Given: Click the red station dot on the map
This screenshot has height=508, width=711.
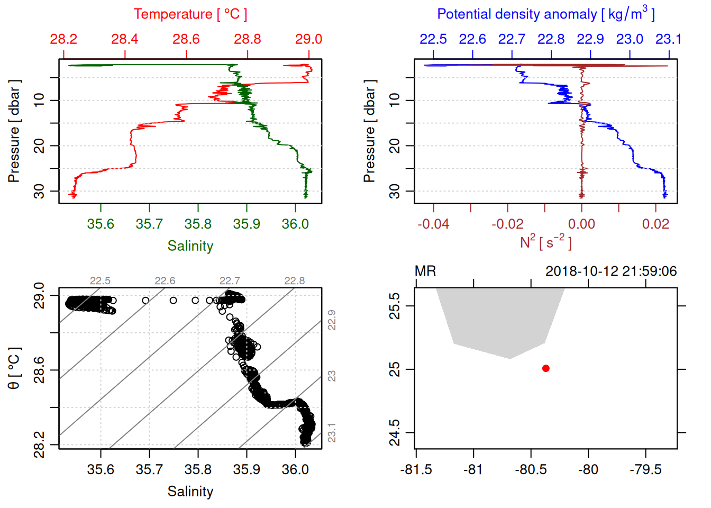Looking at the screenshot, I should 545,368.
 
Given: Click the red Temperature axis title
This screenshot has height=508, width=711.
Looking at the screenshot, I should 190,14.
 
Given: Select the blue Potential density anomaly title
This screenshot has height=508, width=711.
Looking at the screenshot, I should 545,14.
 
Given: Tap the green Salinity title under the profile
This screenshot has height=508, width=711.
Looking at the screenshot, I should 190,246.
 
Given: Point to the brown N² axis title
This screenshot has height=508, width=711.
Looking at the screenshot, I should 545,242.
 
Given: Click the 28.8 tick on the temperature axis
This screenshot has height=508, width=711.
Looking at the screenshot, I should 248,39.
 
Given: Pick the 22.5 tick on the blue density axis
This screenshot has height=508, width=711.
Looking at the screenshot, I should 433,39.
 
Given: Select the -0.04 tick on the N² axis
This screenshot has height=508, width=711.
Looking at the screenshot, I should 433,224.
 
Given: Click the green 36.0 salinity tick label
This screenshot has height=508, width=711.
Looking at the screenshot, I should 295,224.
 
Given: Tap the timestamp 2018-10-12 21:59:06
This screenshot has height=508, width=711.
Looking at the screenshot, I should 611,271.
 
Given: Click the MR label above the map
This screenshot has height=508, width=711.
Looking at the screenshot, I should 425,271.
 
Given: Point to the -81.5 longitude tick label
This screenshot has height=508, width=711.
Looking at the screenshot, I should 416,469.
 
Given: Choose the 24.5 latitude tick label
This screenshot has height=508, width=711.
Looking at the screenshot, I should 395,433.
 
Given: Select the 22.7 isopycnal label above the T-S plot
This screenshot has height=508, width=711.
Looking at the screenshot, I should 230,280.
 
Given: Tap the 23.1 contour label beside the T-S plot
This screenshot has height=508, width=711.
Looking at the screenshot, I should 332,433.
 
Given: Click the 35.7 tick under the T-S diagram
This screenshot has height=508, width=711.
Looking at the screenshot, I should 149,469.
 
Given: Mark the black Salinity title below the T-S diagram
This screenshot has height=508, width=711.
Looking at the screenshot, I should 190,492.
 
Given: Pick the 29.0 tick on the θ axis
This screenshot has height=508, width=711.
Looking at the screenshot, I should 39,295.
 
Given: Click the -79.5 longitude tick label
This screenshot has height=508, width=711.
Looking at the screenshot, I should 645,469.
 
